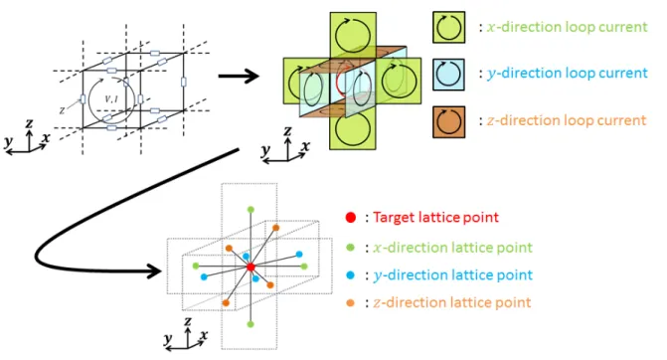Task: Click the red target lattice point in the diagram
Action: pyautogui.click(x=250, y=267)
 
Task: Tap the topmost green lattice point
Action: pyautogui.click(x=250, y=210)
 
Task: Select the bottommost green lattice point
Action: pyautogui.click(x=250, y=324)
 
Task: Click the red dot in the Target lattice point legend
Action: pyautogui.click(x=351, y=218)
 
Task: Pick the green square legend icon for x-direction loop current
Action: pyautogui.click(x=448, y=27)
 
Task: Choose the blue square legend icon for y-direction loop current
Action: pyautogui.click(x=448, y=75)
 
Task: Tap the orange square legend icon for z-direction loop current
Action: pyautogui.click(x=448, y=121)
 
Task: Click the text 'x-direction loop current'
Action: pyautogui.click(x=567, y=27)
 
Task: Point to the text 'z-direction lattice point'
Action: pyautogui.click(x=452, y=302)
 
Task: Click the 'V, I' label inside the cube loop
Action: pyautogui.click(x=111, y=98)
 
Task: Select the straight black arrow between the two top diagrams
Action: pyautogui.click(x=239, y=77)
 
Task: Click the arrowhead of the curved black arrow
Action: pyautogui.click(x=154, y=270)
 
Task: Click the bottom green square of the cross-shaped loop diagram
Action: pyautogui.click(x=353, y=126)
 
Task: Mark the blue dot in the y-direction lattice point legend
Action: pyautogui.click(x=351, y=275)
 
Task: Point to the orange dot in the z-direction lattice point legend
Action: pyautogui.click(x=351, y=303)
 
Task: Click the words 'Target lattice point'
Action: pyautogui.click(x=435, y=218)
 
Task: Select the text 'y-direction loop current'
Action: pyautogui.click(x=567, y=74)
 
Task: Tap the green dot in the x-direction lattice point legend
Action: pyautogui.click(x=351, y=248)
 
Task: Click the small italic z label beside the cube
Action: pyautogui.click(x=62, y=110)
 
